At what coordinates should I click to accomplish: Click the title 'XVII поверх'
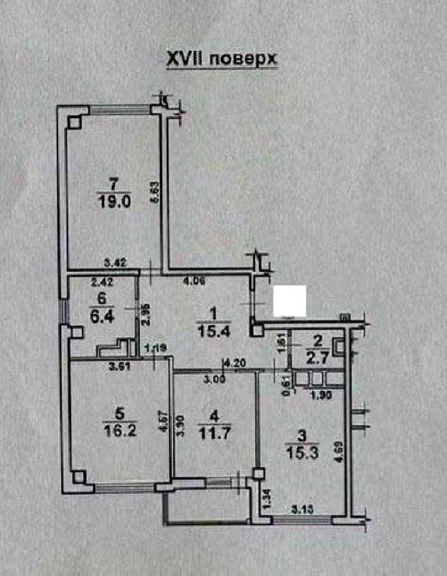(221, 60)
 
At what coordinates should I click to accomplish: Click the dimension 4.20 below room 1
(235, 362)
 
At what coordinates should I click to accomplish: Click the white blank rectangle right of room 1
(290, 301)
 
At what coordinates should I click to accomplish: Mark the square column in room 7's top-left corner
(73, 121)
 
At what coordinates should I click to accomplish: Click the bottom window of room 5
(125, 489)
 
